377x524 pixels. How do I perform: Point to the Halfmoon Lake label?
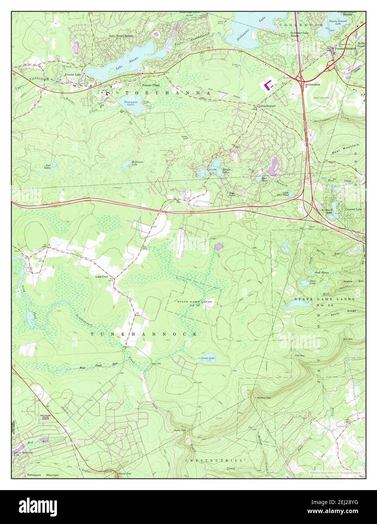point(137,163)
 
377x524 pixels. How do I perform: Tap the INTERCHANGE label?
point(313,84)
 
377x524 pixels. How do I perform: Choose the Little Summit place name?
point(267,106)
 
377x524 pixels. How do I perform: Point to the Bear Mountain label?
point(345,149)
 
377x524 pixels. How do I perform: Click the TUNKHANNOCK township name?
point(144,334)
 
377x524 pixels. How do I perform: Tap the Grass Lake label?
point(208,358)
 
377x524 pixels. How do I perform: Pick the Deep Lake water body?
point(304,283)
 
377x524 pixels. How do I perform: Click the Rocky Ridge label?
point(338,313)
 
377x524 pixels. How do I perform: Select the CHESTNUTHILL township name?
point(213,460)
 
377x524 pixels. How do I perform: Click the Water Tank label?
point(185,138)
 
